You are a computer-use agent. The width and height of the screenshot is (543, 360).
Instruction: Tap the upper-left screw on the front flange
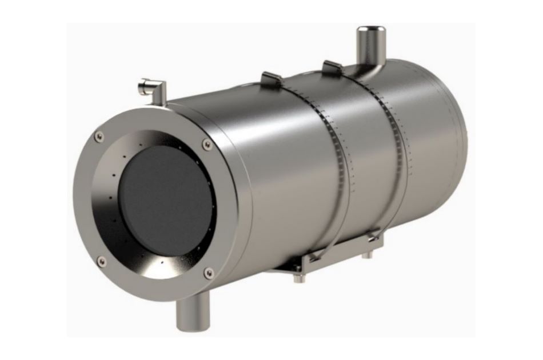click(100, 136)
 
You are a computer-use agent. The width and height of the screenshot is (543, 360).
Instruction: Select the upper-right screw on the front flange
click(207, 145)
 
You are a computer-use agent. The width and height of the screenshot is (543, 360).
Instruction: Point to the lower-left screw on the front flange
click(102, 262)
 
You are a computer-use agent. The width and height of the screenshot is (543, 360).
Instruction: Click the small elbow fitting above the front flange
click(151, 89)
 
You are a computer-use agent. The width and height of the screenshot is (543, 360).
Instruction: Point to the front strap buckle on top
click(271, 78)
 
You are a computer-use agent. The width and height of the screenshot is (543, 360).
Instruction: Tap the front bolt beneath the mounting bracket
click(297, 278)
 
